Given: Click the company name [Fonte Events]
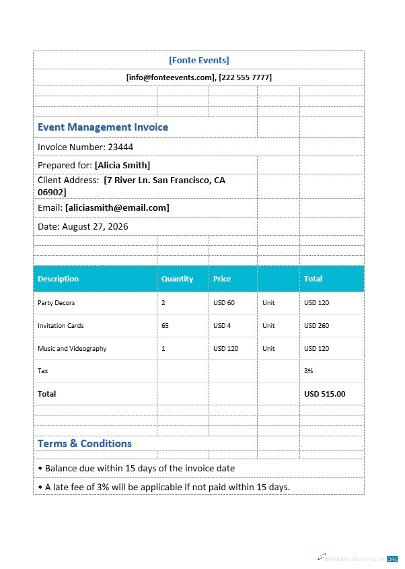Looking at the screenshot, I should pyautogui.click(x=198, y=60).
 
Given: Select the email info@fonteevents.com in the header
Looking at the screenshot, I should pyautogui.click(x=171, y=77).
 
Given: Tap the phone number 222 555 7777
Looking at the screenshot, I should pyautogui.click(x=245, y=77).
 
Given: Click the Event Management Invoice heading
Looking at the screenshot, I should pyautogui.click(x=103, y=127).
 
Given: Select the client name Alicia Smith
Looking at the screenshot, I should pyautogui.click(x=122, y=165).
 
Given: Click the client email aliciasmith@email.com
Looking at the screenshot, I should pyautogui.click(x=117, y=207).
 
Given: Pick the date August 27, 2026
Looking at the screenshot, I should pyautogui.click(x=95, y=226).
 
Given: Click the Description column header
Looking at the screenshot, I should pyautogui.click(x=58, y=279).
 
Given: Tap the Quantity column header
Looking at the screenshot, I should pyautogui.click(x=177, y=279).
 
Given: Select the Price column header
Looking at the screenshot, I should pyautogui.click(x=222, y=279).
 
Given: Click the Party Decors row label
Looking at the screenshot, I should pyautogui.click(x=57, y=303).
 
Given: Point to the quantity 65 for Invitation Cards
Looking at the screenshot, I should pyautogui.click(x=165, y=326).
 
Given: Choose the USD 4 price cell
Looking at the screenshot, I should pyautogui.click(x=222, y=326).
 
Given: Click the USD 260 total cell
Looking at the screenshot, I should pyautogui.click(x=316, y=326).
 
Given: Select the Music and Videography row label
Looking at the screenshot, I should pyautogui.click(x=72, y=349).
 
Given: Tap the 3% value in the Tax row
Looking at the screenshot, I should pyautogui.click(x=309, y=371).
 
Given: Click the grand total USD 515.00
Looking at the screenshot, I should pyautogui.click(x=324, y=394).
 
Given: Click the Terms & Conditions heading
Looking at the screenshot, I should pyautogui.click(x=85, y=444).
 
